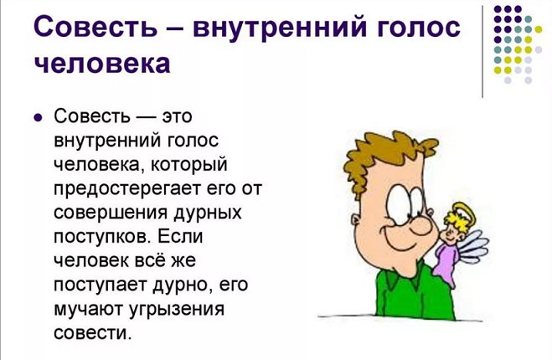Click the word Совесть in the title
coord(95,27)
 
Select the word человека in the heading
coord(102,63)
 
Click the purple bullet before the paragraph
coord(38,117)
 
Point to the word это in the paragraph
coord(177,116)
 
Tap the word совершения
coord(111,213)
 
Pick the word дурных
coord(208,213)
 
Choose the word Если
coord(180,235)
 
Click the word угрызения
coord(177,310)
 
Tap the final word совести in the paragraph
coord(93,332)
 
